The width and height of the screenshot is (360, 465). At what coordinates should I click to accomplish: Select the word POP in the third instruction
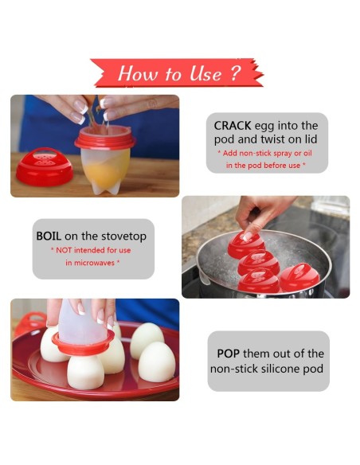click(x=229, y=354)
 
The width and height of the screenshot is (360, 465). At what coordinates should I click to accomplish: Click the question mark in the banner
click(x=234, y=73)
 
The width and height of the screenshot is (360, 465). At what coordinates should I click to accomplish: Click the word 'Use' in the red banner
click(x=204, y=74)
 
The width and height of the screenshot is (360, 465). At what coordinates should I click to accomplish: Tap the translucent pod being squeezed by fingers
click(x=81, y=320)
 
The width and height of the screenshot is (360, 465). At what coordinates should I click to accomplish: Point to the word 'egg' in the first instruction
click(x=268, y=125)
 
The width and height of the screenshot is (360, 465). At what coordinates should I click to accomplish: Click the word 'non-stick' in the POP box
click(x=235, y=369)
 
